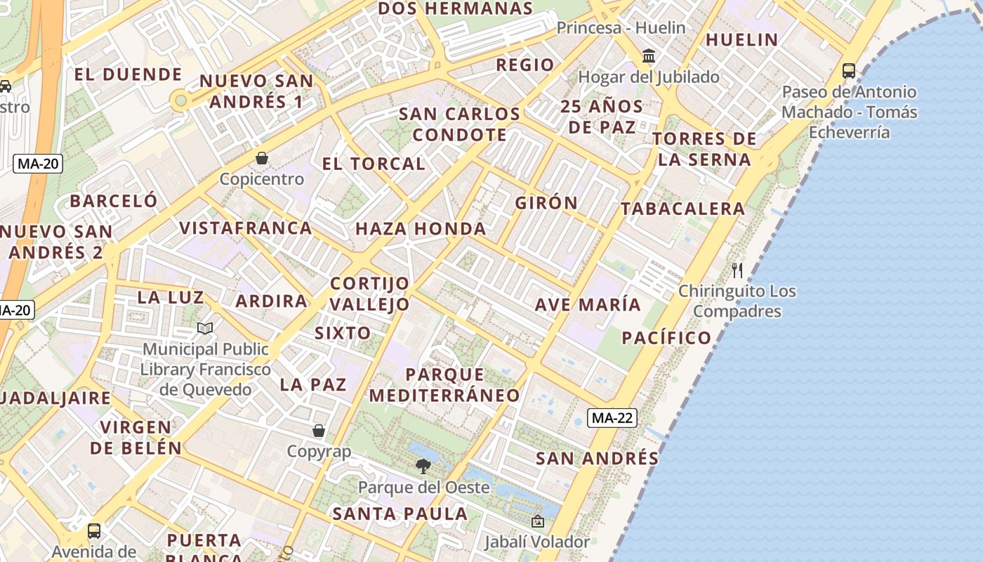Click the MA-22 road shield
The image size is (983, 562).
pos(612,418)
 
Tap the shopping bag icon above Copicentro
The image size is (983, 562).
pos(262,158)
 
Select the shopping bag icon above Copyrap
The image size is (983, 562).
pos(319,430)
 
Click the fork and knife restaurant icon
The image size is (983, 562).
pos(737,270)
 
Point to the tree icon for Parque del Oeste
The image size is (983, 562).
pos(423,466)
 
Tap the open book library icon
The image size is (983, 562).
pos(205,328)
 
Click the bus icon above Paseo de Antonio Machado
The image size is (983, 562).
pos(849,71)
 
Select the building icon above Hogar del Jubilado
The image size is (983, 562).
pos(649,55)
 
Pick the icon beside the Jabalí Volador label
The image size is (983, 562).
pos(538,521)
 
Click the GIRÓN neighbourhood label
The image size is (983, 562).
pos(546,203)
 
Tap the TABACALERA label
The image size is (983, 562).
pos(682,209)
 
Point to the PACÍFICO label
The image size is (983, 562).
pos(666,338)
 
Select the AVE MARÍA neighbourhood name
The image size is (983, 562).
pos(588,305)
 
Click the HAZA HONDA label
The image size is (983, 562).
pos(421,229)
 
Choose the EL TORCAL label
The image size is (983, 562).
pos(374,164)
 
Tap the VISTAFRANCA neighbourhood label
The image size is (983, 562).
pos(246,228)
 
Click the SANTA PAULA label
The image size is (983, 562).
pos(400,514)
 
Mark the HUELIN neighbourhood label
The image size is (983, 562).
pos(742,40)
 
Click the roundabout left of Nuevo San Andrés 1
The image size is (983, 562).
pos(181,101)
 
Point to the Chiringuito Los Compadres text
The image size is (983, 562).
pos(737,301)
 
